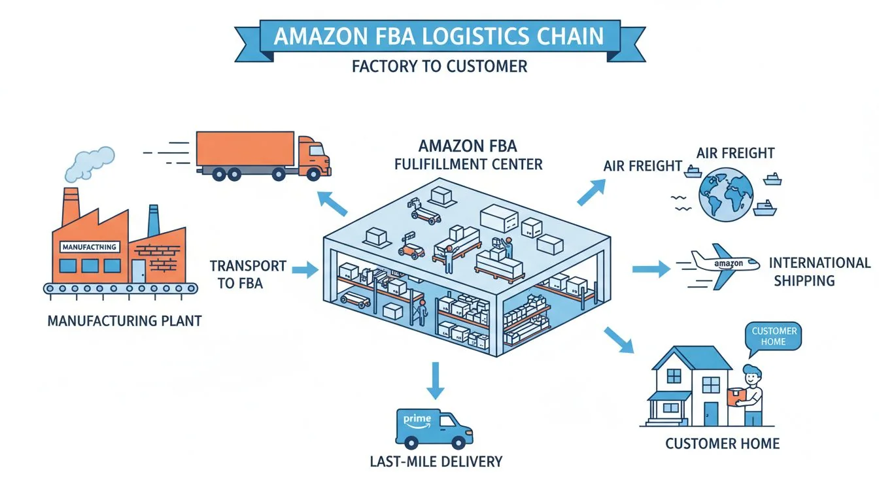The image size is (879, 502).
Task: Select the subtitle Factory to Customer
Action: [x=439, y=66]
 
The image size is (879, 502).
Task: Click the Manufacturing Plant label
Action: [x=124, y=321]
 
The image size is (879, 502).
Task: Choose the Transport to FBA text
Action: [x=248, y=275]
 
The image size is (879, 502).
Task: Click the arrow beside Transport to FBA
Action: [x=304, y=269]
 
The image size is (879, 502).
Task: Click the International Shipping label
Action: [x=819, y=272]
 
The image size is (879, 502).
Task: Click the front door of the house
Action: [x=711, y=414]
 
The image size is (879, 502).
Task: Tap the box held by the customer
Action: [x=737, y=397]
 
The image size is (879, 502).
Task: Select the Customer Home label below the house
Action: [x=722, y=444]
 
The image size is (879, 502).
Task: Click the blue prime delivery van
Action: [x=434, y=428]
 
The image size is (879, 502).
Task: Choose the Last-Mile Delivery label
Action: [x=436, y=461]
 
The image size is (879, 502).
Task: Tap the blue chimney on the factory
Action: [x=154, y=220]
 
